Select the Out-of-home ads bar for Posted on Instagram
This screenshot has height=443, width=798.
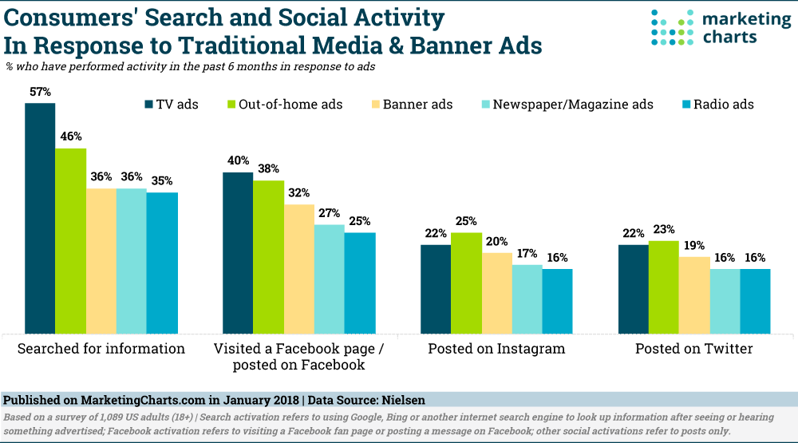(x=467, y=283)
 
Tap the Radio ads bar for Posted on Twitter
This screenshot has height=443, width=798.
(x=755, y=301)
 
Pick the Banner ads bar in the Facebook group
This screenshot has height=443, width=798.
(x=298, y=268)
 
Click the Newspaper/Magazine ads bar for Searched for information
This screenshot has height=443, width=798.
(x=131, y=260)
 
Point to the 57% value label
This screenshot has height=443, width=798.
(x=40, y=93)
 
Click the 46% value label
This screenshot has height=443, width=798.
(x=70, y=136)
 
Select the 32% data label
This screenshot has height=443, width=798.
(x=298, y=192)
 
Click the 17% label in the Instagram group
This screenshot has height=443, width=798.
(x=527, y=253)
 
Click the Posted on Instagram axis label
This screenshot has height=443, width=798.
(x=496, y=349)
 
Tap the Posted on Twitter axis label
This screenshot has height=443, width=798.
(x=693, y=349)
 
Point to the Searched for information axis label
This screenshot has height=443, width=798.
(x=101, y=349)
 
